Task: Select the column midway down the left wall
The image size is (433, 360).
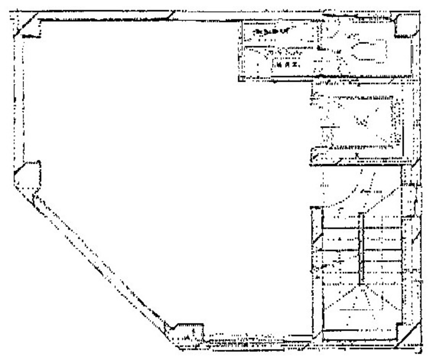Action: coord(29,173)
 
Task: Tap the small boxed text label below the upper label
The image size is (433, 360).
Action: coord(285,65)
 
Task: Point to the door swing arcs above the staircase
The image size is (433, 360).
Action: coord(358,192)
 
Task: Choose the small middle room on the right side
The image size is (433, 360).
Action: coord(358,121)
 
